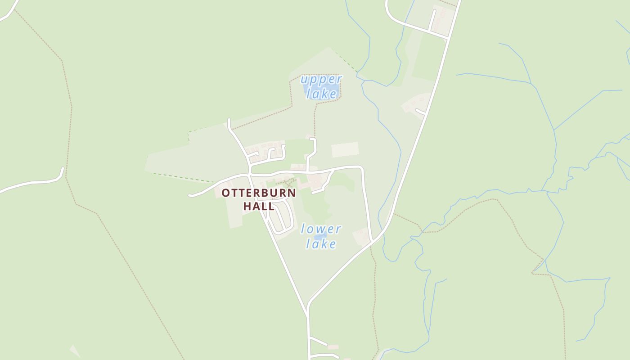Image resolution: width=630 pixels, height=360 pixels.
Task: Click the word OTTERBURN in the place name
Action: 258,193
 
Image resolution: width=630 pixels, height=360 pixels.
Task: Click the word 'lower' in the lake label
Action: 321,229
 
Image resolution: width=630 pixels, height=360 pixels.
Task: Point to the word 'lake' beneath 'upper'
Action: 321,94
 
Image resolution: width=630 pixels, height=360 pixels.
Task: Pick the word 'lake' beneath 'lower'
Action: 321,244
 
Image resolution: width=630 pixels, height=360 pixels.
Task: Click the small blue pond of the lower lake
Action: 320,237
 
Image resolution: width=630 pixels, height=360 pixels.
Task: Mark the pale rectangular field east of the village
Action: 345,149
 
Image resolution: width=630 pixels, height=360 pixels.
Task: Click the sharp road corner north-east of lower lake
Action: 361,168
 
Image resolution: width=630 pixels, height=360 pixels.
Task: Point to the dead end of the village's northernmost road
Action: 229,120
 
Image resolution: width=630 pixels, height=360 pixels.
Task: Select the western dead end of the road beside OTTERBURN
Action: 190,196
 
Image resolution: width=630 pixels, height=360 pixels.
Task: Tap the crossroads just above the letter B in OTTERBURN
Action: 250,174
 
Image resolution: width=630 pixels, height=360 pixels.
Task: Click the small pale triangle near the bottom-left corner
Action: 75,351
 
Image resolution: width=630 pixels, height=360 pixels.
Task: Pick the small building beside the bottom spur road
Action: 333,347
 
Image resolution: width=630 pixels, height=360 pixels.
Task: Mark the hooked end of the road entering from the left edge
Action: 63,169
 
